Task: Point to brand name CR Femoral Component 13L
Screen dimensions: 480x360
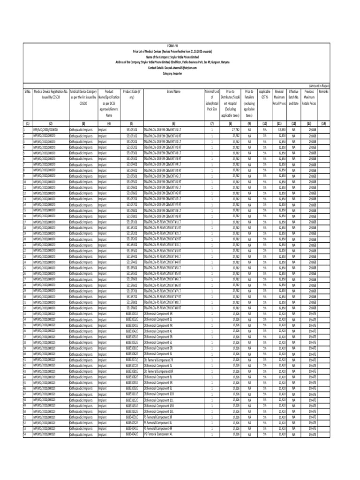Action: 159,412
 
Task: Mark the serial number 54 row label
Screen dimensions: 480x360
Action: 24,435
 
